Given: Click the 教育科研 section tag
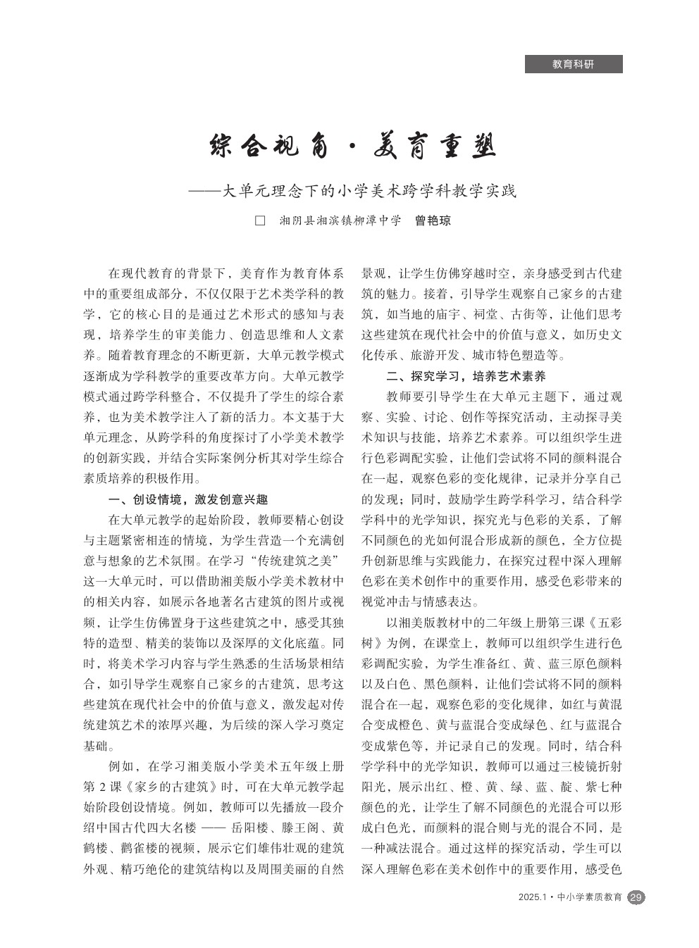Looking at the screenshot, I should point(573,64).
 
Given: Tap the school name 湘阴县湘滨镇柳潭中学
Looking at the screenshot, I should point(340,221).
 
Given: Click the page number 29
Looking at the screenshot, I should point(636,898).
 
